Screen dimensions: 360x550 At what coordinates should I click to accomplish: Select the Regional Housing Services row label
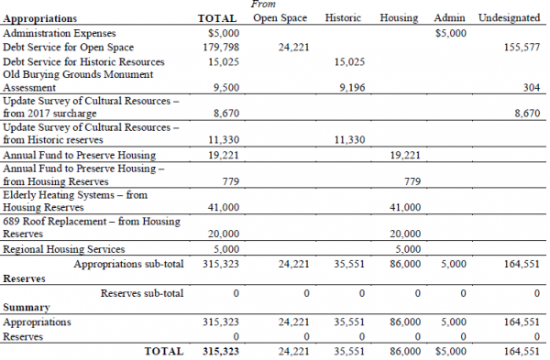click(63, 248)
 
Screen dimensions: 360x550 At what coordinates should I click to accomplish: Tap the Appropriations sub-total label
click(128, 264)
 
